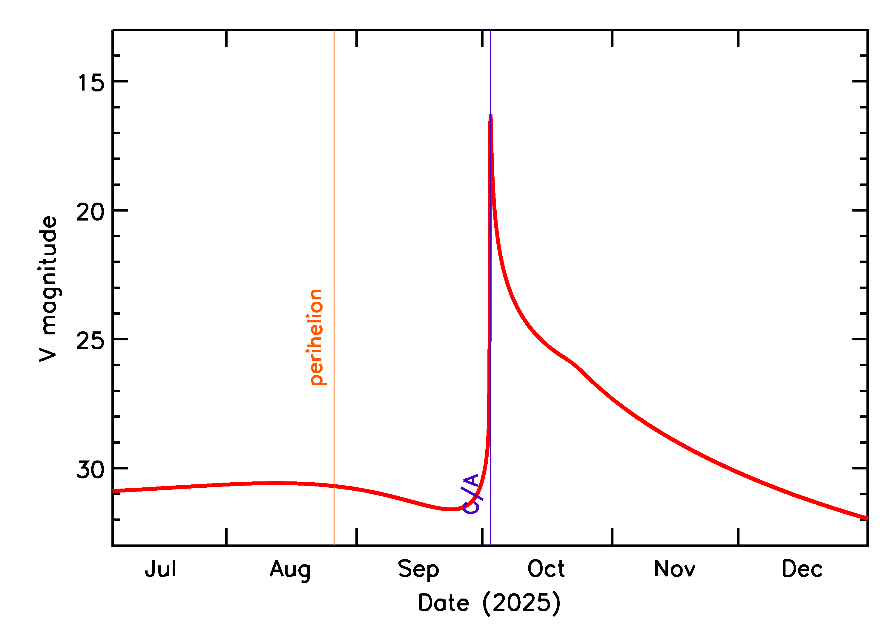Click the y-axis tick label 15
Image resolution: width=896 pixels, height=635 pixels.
pyautogui.click(x=91, y=83)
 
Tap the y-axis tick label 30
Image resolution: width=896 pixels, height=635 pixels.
pyautogui.click(x=91, y=470)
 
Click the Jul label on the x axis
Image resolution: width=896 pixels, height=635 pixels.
pyautogui.click(x=160, y=569)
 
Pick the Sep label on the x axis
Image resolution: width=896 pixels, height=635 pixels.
pyautogui.click(x=418, y=570)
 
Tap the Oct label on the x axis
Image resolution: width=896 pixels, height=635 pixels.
pyautogui.click(x=546, y=569)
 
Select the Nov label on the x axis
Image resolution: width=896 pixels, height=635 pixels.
pyautogui.click(x=674, y=569)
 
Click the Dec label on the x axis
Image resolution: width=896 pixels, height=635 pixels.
pyautogui.click(x=802, y=569)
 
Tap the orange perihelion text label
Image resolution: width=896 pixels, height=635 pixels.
pyautogui.click(x=316, y=337)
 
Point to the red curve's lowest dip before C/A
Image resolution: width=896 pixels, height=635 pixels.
pyautogui.click(x=451, y=509)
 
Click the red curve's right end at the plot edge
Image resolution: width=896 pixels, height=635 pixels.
pyautogui.click(x=867, y=518)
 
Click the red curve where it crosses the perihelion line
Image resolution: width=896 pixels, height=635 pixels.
pyautogui.click(x=334, y=486)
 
